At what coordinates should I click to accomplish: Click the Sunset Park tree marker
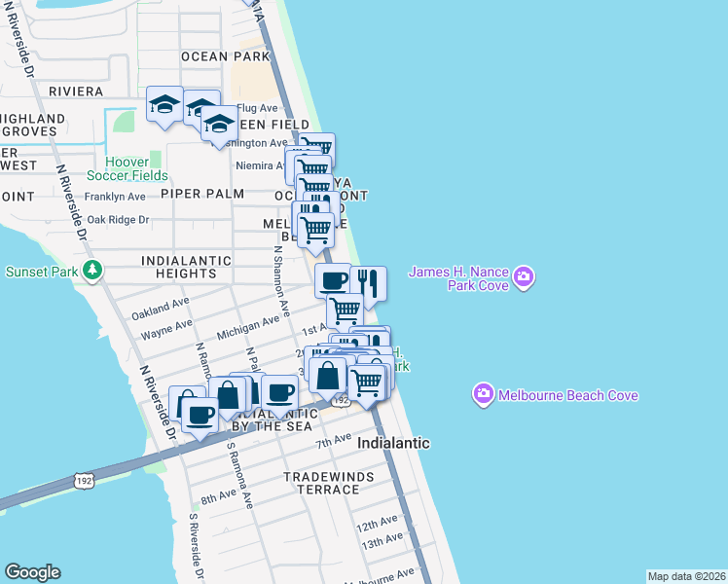92,269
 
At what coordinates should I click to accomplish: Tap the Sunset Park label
43,270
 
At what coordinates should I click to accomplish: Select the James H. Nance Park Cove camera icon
524,278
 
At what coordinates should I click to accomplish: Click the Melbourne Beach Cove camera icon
483,394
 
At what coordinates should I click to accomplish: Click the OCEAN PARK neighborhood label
225,56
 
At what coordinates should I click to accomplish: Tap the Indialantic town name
393,443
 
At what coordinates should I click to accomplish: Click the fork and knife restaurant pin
368,282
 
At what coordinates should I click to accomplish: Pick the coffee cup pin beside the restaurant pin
333,280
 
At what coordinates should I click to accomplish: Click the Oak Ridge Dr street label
118,220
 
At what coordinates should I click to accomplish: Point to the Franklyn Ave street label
115,197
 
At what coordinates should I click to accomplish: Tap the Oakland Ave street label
161,310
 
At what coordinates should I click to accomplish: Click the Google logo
32,572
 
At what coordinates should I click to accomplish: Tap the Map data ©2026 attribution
686,576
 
